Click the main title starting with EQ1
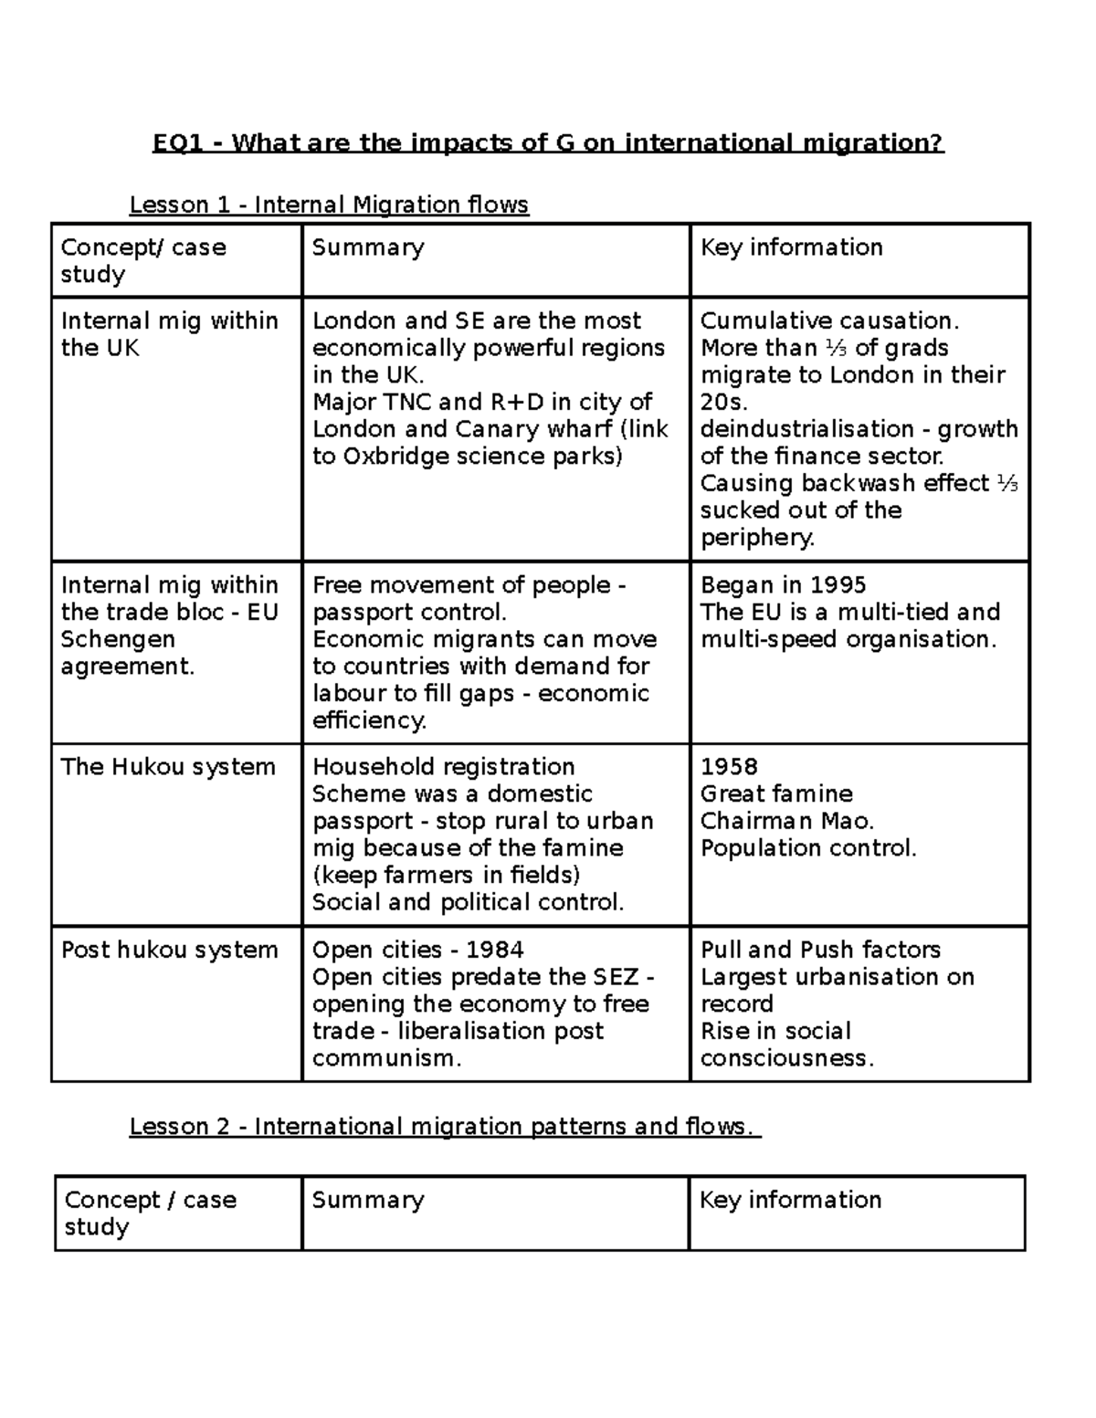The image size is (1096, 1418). click(548, 143)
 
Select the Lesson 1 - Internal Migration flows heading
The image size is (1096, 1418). click(329, 205)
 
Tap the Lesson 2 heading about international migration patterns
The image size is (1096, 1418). click(445, 1127)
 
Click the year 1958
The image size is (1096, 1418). click(729, 767)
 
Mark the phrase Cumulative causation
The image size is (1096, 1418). click(829, 321)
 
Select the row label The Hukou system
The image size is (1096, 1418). click(168, 767)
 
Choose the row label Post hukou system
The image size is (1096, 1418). click(169, 950)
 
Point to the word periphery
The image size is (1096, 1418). click(757, 538)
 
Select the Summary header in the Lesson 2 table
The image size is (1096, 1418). click(367, 1200)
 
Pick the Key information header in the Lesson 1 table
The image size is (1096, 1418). click(791, 247)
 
